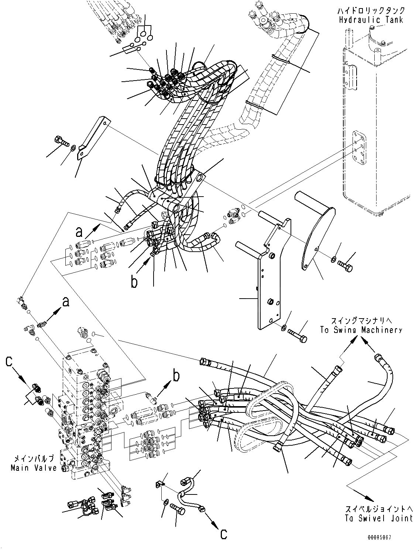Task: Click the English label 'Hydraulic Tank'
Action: (x=371, y=20)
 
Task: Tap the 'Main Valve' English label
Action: (x=34, y=467)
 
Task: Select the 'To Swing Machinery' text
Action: (x=361, y=330)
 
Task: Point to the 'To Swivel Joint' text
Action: (x=378, y=518)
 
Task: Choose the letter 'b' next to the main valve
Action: (x=176, y=376)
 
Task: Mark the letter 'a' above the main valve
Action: (x=65, y=303)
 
